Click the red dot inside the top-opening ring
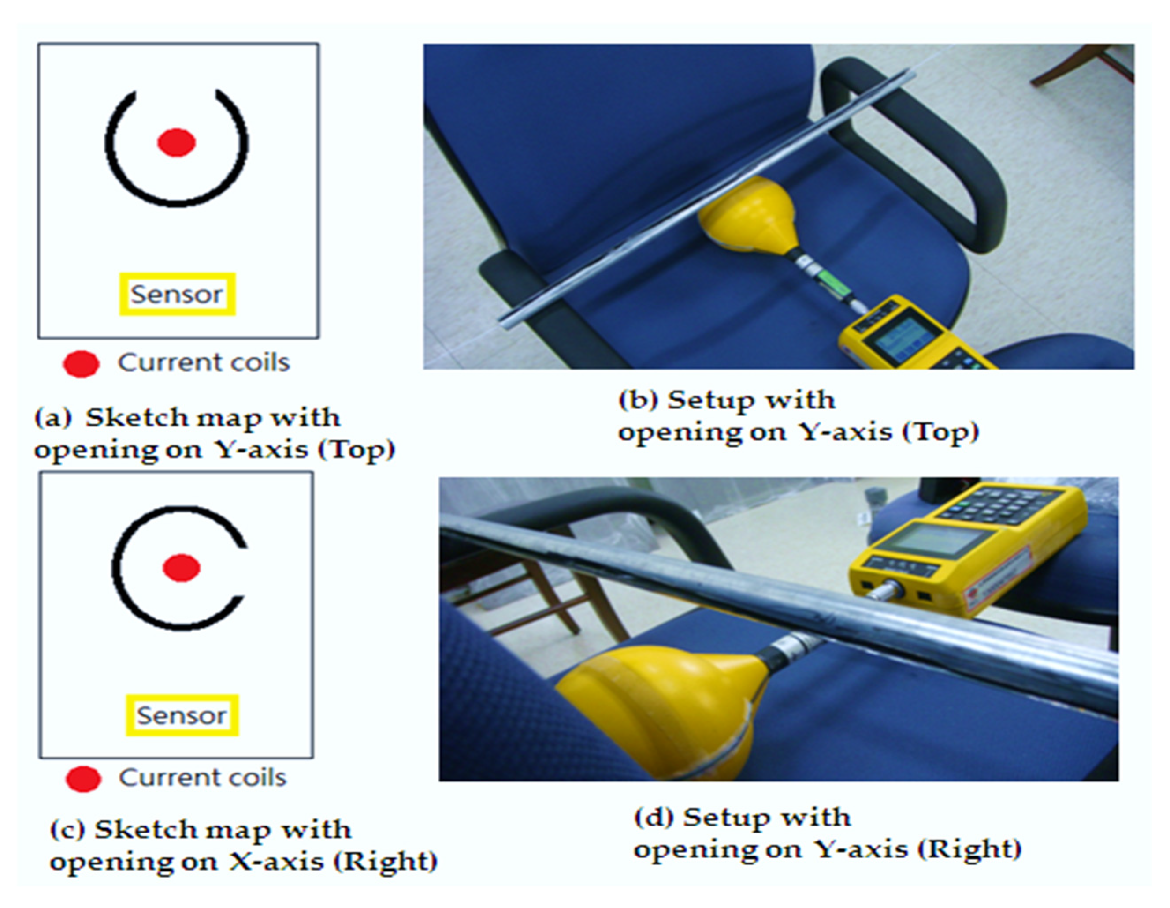[x=176, y=142]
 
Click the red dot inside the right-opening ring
[x=181, y=568]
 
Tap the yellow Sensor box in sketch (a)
[x=177, y=294]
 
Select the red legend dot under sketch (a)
[x=82, y=364]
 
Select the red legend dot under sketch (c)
[x=83, y=779]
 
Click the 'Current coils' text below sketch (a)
[x=204, y=363]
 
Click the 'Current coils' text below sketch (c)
[x=203, y=778]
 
